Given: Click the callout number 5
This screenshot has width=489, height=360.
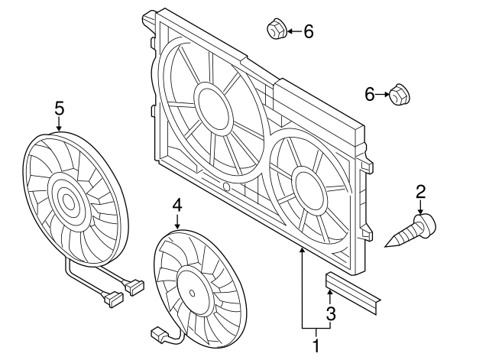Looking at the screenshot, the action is tap(59, 109).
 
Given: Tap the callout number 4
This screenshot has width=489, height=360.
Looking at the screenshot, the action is tap(177, 206).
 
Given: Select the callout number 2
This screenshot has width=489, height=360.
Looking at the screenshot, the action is tap(421, 192).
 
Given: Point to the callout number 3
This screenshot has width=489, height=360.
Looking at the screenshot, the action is tap(331, 313).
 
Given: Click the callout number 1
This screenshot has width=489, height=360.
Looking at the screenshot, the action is tap(316, 345).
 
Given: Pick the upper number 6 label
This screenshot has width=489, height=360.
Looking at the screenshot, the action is tap(309, 31).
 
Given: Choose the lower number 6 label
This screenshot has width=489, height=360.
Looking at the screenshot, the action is tap(370, 94).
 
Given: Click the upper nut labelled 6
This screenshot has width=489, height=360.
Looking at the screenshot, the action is tap(276, 29).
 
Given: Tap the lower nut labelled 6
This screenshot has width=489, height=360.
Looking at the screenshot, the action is tap(399, 94).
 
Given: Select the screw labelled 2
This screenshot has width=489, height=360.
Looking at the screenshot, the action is tap(413, 230).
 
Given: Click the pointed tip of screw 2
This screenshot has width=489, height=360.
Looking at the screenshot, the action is tap(385, 246).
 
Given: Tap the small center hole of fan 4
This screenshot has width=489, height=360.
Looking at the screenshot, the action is tap(192, 293).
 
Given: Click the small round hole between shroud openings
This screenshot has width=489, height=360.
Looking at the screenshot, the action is tap(227, 186).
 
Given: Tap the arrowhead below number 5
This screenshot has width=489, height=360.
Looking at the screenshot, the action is tap(59, 128).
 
